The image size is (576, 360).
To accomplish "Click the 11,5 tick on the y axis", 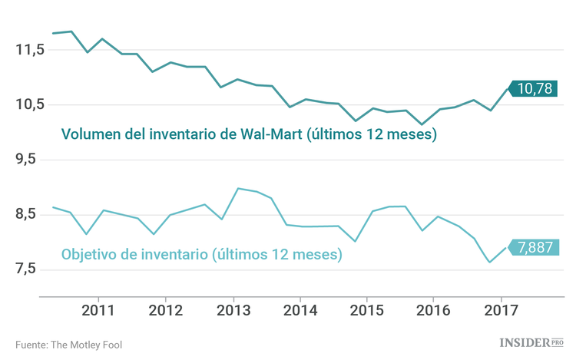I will tap(30, 50).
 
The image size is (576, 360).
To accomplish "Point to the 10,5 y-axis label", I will tap(30, 104).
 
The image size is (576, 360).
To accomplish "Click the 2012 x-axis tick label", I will tap(165, 311).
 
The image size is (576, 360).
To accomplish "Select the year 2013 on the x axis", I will tap(233, 311).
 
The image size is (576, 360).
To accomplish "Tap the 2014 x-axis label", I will tap(300, 311).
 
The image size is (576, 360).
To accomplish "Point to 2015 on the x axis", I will tap(366, 311).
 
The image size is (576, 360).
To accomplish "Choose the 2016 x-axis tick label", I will tap(433, 311).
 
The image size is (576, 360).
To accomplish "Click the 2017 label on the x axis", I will tap(501, 311).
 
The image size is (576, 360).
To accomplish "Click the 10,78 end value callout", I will tap(535, 89).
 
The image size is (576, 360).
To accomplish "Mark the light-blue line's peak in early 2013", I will tap(237, 188).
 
